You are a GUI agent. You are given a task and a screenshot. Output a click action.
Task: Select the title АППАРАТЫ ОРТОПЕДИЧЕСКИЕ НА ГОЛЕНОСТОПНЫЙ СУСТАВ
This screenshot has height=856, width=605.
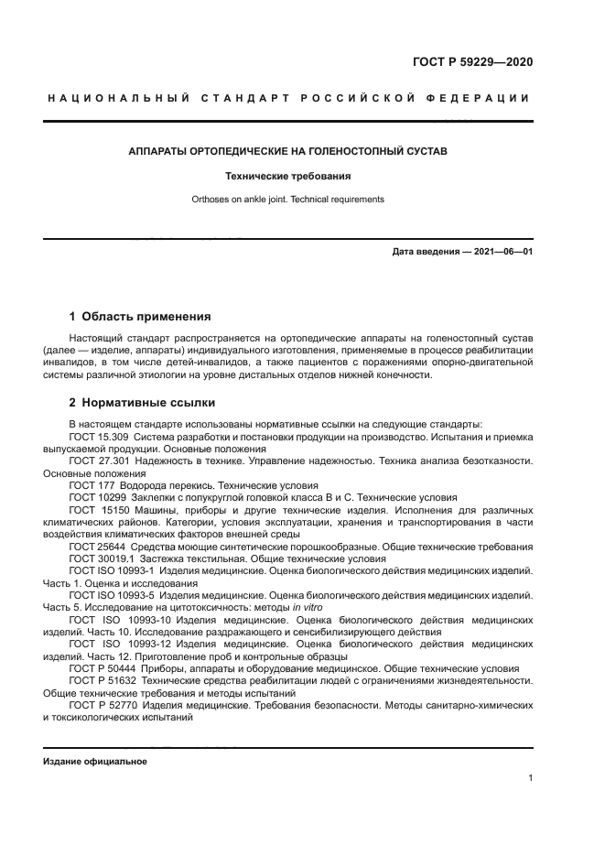(x=287, y=149)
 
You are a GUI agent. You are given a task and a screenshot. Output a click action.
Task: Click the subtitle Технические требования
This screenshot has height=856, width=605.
(x=287, y=175)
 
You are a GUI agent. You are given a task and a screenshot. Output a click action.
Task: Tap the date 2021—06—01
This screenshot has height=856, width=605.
(x=501, y=251)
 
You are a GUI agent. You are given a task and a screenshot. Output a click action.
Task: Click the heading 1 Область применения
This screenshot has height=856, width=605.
(x=140, y=317)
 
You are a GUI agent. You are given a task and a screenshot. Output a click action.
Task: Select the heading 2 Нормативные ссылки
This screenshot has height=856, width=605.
(x=142, y=402)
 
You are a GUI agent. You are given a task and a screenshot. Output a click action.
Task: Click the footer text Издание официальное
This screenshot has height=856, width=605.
(x=95, y=761)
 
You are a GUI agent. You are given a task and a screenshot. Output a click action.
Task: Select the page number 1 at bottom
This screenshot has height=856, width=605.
(x=530, y=778)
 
